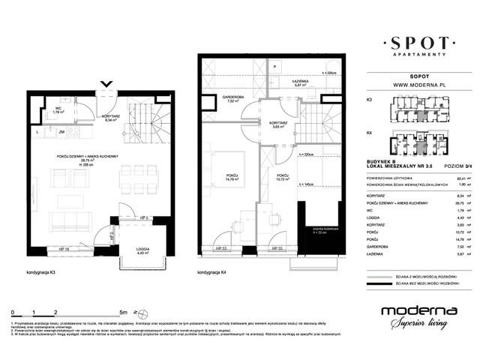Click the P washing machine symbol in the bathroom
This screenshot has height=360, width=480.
click(x=275, y=68)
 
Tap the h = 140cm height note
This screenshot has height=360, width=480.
click(x=305, y=183)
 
